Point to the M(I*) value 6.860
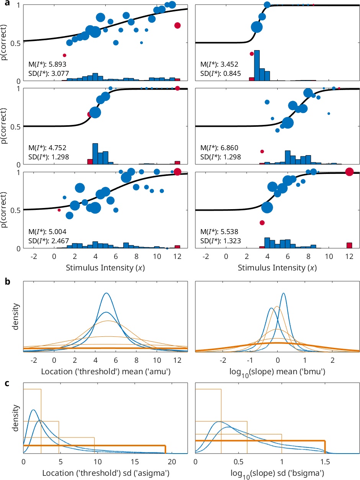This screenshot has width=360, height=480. click(x=230, y=147)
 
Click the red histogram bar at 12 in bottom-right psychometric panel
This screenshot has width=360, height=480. click(x=349, y=246)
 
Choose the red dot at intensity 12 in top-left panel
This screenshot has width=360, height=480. click(x=177, y=25)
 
